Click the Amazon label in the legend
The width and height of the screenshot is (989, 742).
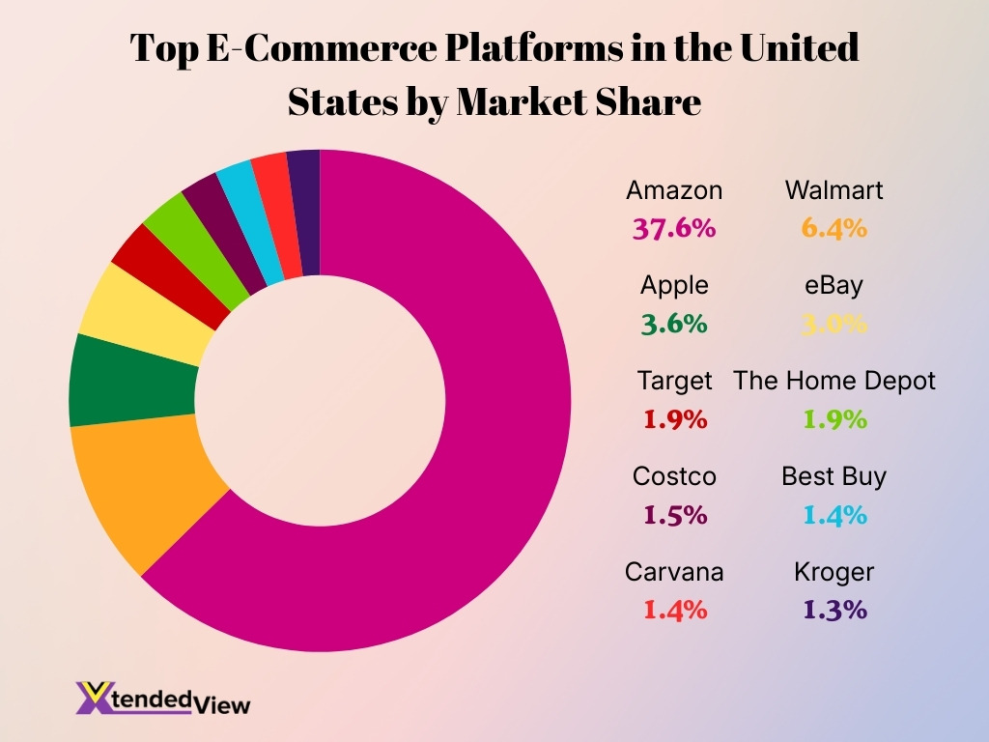[x=674, y=190]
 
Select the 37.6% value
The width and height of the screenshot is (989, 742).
[x=674, y=228]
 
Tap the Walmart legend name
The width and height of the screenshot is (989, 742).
[x=834, y=190]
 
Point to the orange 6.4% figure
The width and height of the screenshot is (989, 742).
[x=834, y=228]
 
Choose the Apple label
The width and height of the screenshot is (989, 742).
[x=674, y=286]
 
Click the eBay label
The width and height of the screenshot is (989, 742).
[x=834, y=286]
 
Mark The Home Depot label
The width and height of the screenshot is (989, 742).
[x=834, y=381]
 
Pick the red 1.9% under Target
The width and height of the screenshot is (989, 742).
[x=674, y=419]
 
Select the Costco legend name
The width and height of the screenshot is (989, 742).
[x=674, y=476]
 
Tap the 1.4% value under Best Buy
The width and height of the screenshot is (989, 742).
[x=834, y=515]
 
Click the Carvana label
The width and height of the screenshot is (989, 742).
[x=674, y=572]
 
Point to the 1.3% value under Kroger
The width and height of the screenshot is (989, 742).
[x=834, y=611]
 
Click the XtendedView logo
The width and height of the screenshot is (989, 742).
[x=162, y=699]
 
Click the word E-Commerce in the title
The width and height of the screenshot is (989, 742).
[x=324, y=48]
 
